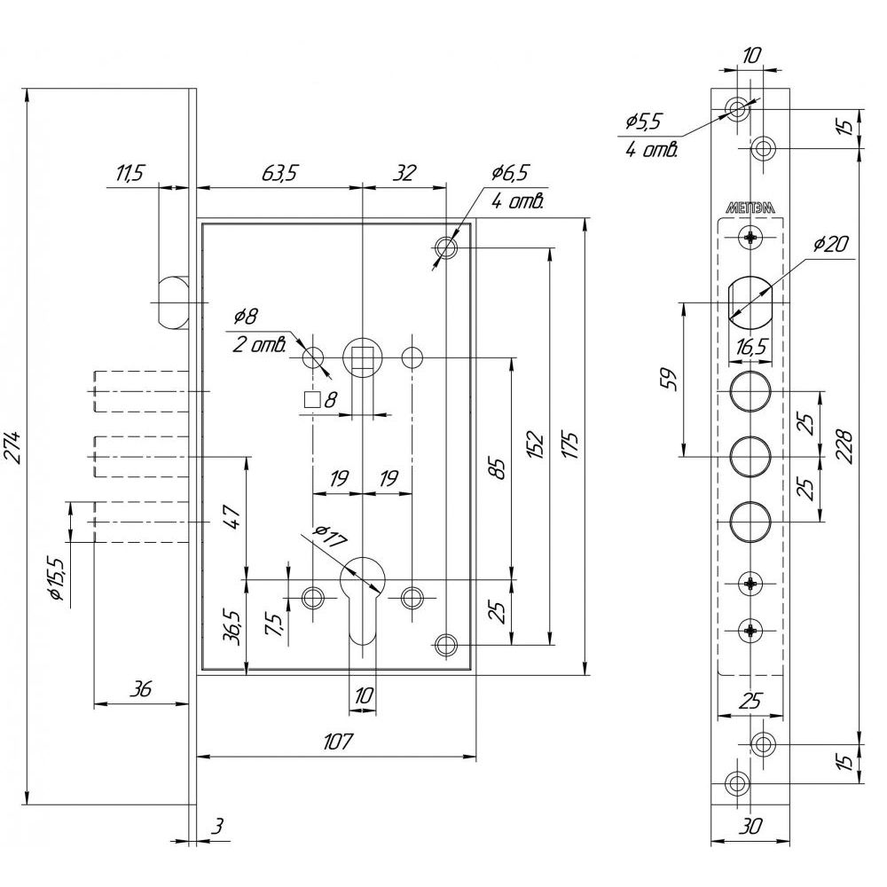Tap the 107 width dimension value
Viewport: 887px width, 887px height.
coord(338,741)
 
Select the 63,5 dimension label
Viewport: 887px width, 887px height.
coord(279,173)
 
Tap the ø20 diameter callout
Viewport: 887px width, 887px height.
coord(831,245)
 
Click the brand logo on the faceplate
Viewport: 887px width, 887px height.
coord(750,208)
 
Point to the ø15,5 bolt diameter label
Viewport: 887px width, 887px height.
coord(58,577)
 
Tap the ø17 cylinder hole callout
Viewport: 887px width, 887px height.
coord(330,536)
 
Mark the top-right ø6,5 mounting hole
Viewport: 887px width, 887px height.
coord(446,247)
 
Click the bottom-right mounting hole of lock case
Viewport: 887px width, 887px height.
coord(446,645)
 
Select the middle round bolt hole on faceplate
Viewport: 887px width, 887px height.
coord(750,456)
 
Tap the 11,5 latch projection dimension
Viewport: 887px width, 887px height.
coord(130,173)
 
